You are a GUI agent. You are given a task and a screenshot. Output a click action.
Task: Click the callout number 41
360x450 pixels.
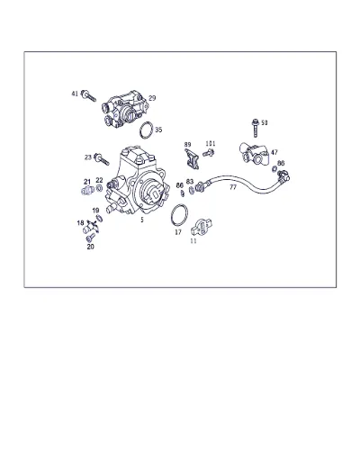(75, 94)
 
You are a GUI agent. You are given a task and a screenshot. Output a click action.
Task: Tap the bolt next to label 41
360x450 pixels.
(88, 95)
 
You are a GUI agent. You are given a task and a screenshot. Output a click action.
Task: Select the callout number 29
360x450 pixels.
(152, 98)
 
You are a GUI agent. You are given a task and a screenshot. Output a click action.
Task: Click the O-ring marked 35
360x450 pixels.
(146, 130)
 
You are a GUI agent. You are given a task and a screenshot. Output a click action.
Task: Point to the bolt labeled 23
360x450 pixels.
(101, 159)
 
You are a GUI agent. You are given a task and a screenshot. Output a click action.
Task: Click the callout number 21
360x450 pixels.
(87, 182)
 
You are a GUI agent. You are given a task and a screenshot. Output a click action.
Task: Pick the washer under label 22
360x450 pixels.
(99, 189)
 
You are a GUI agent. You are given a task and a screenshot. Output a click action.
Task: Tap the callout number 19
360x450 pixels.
(95, 211)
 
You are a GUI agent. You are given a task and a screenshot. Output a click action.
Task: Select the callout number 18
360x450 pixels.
(80, 223)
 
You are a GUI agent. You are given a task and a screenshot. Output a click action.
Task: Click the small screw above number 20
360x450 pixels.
(90, 238)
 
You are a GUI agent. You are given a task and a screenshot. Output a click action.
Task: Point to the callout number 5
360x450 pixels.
(142, 220)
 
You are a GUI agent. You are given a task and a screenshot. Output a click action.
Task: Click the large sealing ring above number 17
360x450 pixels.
(179, 214)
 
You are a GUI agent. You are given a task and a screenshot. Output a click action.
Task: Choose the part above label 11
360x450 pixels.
(202, 228)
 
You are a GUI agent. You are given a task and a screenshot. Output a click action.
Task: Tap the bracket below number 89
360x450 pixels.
(192, 159)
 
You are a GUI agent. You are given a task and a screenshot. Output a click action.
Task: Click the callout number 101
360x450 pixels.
(211, 144)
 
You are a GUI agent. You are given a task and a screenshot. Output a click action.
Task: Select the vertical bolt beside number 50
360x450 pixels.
(255, 128)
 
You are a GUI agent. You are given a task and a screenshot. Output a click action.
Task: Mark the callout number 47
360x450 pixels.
(274, 152)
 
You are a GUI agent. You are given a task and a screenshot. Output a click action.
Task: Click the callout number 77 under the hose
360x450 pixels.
(233, 187)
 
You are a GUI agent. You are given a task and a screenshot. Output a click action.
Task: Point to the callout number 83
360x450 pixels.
(190, 182)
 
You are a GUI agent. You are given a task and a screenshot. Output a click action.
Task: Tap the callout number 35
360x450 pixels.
(158, 130)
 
